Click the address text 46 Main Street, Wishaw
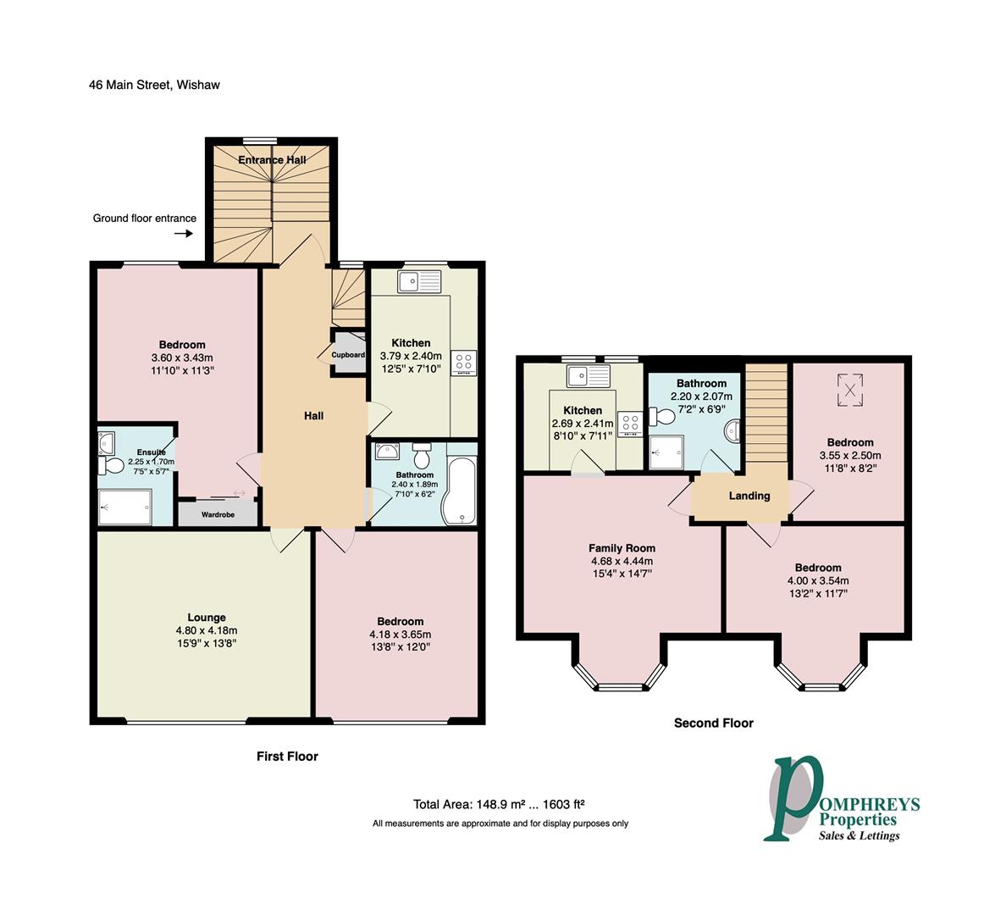(x=154, y=85)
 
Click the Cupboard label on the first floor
(x=348, y=355)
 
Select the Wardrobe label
(x=218, y=514)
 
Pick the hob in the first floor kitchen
(x=465, y=363)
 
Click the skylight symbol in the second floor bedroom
(x=849, y=390)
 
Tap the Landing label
(x=749, y=496)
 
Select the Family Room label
(x=622, y=548)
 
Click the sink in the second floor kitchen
(x=589, y=374)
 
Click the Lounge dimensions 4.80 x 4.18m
(x=207, y=630)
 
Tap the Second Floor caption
(x=713, y=723)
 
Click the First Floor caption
(x=287, y=756)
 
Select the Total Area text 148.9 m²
(x=499, y=805)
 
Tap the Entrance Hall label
(x=271, y=160)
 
